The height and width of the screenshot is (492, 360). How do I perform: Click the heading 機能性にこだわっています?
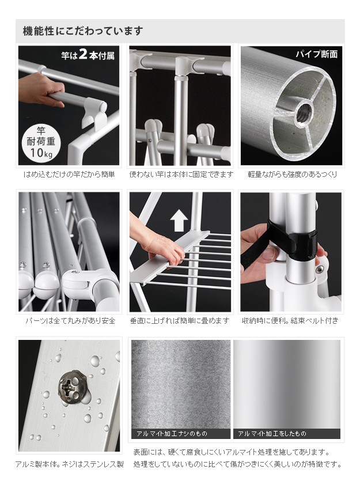83,31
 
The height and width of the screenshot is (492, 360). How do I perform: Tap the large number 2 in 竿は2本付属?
83,54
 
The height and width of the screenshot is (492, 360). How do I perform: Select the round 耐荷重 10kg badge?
41,142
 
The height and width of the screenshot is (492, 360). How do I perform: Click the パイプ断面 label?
316,54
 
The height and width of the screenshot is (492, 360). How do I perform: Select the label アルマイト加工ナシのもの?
172,434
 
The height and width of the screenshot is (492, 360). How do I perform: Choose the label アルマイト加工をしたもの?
272,434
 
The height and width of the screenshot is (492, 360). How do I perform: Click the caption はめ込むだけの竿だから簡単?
69,175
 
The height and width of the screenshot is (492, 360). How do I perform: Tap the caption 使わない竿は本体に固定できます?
181,175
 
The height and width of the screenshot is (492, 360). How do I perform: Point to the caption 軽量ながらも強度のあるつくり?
292,175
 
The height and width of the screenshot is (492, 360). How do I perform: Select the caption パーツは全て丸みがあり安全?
70,321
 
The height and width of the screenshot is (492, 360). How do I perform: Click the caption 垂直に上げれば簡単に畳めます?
180,321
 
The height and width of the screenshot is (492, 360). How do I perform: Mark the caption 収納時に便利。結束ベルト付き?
290,321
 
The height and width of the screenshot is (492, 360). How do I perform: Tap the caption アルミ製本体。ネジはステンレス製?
69,464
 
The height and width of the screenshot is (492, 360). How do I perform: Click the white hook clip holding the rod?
94,113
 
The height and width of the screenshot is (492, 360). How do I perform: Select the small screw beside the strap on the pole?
320,269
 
